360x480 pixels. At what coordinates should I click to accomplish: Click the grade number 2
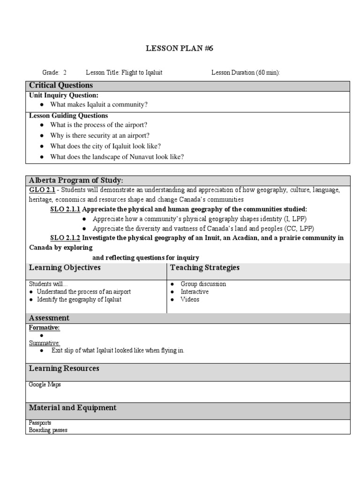65,73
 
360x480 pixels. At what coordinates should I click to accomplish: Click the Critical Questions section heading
61,85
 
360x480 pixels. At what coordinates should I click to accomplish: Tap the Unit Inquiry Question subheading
64,95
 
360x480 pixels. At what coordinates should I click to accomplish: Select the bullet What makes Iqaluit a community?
98,105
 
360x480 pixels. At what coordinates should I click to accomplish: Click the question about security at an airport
99,135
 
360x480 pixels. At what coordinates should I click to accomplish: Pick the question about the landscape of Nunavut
117,157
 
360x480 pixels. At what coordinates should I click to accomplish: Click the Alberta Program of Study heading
76,180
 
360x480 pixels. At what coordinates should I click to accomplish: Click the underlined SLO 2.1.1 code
65,209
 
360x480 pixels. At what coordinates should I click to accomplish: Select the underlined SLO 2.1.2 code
65,238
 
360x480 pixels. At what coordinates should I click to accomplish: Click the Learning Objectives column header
64,268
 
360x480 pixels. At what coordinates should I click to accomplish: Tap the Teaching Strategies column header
205,268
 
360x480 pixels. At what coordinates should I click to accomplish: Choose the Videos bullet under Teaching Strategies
190,299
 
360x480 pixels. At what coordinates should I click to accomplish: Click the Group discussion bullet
203,284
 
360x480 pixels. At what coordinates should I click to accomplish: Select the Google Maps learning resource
45,385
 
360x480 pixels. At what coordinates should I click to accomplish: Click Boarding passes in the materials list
48,430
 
